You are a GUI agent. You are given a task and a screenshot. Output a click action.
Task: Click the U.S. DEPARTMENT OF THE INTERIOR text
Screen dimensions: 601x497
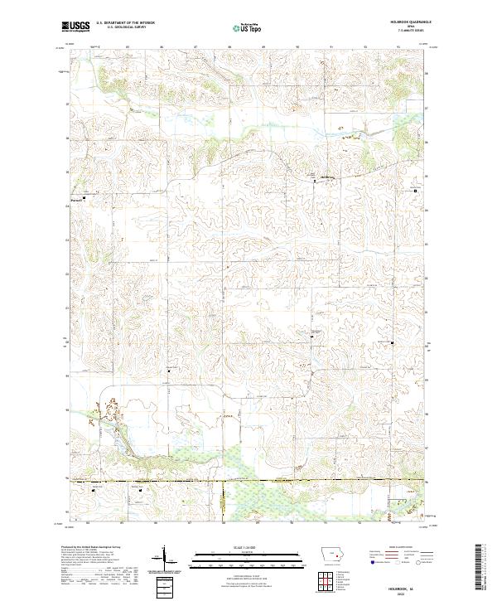tap(126, 24)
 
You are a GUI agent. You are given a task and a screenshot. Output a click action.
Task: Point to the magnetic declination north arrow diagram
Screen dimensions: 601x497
tap(163, 560)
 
